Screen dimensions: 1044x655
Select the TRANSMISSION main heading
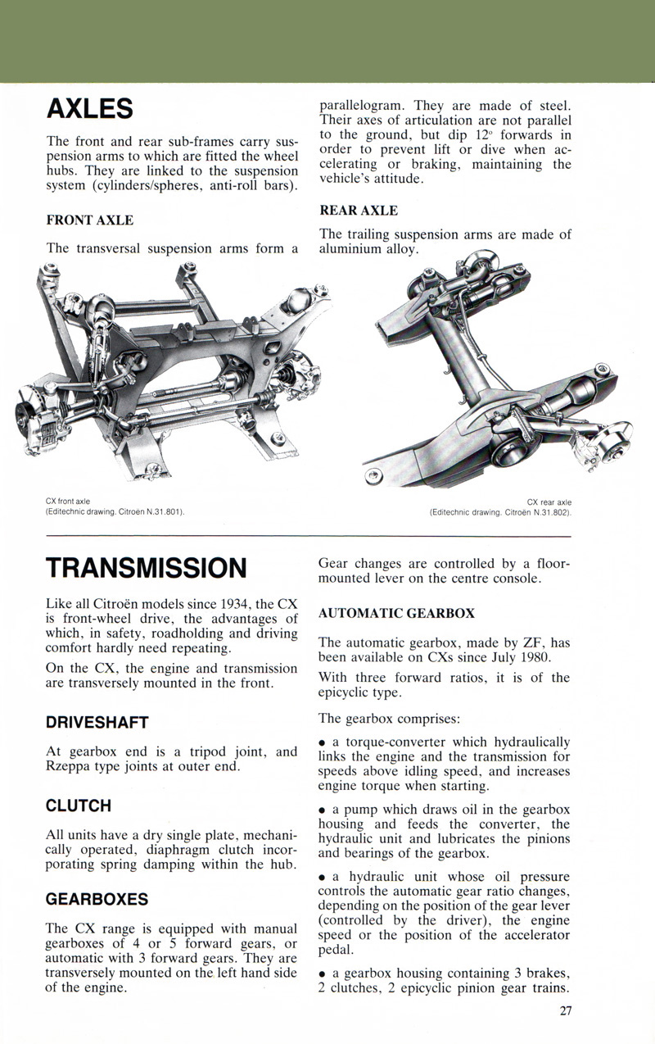(147, 567)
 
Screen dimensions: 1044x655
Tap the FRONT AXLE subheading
(90, 220)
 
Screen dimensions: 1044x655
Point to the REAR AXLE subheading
(359, 211)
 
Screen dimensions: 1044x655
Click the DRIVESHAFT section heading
(97, 722)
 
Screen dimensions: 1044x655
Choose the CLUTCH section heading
(79, 806)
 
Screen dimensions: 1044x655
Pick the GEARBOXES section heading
(97, 899)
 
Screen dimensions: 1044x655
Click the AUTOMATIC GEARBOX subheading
(396, 613)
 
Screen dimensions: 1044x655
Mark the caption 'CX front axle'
(68, 501)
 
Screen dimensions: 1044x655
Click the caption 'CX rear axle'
(549, 502)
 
